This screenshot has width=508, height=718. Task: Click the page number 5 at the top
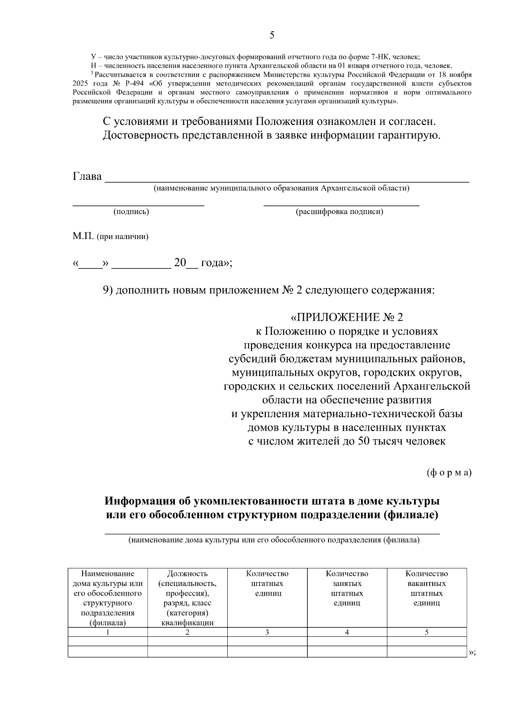pos(272,36)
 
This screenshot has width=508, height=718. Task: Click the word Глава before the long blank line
pos(87,177)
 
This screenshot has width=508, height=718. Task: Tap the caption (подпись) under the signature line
pos(131,212)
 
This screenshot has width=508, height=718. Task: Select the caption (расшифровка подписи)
pos(339,212)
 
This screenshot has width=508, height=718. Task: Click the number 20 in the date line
pos(180,263)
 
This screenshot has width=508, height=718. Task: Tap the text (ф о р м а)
pos(449,473)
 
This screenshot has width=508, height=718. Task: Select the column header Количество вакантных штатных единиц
pos(427,589)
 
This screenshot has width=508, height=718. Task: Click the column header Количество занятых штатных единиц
pos(347,589)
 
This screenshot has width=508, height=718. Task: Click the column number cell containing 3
pos(267,633)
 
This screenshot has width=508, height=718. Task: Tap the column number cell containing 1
pos(108,633)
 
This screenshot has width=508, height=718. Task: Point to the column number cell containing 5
pos(427,633)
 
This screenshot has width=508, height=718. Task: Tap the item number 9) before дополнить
pos(108,291)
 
